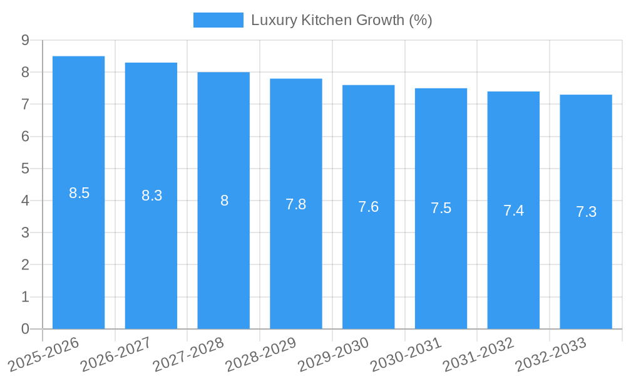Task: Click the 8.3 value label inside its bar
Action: tap(151, 196)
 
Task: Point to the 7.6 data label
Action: tap(368, 207)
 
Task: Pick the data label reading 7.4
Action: tap(513, 211)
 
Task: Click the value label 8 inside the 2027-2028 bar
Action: tap(224, 201)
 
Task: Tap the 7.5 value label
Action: tap(441, 208)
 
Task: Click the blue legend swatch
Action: tap(218, 20)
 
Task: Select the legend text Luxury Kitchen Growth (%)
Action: tap(341, 20)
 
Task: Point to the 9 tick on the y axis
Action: tap(25, 40)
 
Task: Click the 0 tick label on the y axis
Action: tap(25, 329)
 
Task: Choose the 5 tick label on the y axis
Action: tap(25, 169)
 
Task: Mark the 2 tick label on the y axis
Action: tap(25, 265)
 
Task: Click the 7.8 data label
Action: tap(295, 204)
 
